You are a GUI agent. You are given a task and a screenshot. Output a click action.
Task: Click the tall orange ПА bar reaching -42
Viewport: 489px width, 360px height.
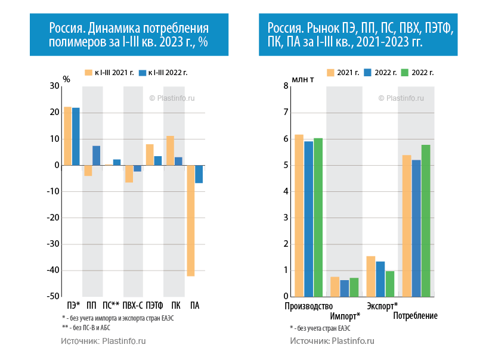click(191, 221)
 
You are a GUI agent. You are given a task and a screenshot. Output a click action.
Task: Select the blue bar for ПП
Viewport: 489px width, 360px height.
click(96, 156)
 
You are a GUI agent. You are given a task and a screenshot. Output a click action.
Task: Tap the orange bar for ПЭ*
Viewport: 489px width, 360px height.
click(67, 136)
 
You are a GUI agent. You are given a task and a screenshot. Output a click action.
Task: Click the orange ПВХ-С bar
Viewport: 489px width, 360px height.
click(129, 173)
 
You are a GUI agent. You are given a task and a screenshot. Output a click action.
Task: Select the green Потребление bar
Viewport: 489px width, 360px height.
click(426, 221)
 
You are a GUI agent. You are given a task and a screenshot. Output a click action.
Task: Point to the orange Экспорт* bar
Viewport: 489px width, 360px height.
click(371, 276)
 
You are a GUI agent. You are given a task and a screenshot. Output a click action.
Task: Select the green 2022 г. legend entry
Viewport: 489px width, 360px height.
click(417, 73)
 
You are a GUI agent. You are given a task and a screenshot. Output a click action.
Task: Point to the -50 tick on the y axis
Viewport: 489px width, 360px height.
click(52, 296)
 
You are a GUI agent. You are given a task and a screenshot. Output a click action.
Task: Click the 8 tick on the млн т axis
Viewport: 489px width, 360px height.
click(286, 86)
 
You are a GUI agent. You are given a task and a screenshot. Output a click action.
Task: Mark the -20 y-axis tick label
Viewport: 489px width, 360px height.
click(52, 218)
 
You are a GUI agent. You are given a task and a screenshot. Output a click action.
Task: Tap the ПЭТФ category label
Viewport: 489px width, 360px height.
click(154, 306)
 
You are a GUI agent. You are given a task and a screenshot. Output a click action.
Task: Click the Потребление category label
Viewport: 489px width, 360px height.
click(416, 316)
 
